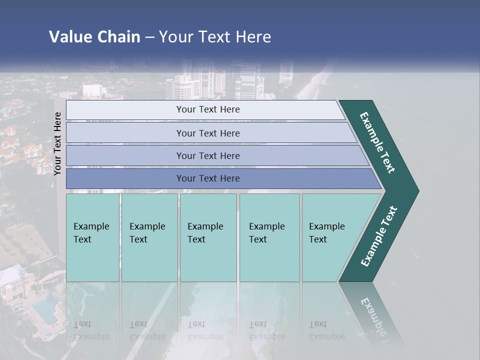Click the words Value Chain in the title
94,37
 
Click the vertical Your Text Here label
57,143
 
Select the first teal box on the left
92,237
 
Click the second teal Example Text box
149,237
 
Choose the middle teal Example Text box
208,237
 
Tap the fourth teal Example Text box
269,237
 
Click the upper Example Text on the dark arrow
378,142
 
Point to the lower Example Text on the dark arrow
379,236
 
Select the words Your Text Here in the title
214,37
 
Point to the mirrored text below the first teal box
91,330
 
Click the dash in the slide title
149,37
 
